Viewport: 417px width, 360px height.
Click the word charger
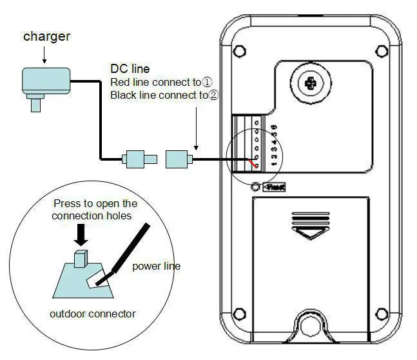47,36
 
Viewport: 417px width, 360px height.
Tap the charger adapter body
45,81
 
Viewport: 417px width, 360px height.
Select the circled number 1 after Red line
207,83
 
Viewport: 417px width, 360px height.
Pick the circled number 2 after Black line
213,95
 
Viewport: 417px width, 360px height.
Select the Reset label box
274,187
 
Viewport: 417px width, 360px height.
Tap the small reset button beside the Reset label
257,187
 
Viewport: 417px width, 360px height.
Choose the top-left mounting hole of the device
239,50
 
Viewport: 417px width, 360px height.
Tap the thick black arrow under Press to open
81,234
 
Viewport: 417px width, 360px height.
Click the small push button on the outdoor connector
81,259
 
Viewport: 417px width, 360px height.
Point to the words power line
157,266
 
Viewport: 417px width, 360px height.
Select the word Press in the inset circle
67,203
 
